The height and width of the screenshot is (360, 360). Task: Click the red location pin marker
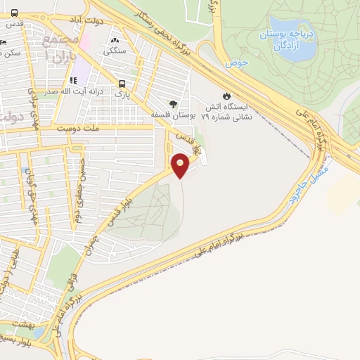tap(181, 165)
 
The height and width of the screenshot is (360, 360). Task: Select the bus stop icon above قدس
tap(15, 12)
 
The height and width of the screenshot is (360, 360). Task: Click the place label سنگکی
tap(114, 51)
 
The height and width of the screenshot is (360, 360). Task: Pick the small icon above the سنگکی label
tap(115, 40)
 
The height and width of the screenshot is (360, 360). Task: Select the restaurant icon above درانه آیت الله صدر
tap(73, 80)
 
